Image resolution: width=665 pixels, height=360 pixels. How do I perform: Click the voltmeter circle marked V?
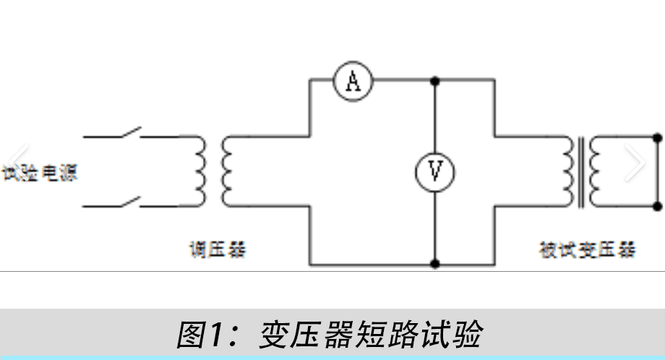[435, 171]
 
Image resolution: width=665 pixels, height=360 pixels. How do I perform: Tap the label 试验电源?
[40, 173]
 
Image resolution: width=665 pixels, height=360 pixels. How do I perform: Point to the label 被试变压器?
[588, 250]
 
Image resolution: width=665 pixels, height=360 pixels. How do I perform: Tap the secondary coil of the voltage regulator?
[226, 171]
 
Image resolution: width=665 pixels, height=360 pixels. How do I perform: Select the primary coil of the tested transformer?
[566, 171]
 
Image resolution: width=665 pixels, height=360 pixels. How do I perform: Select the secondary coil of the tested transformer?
[594, 171]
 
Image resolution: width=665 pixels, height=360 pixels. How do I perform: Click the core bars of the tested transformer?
[580, 171]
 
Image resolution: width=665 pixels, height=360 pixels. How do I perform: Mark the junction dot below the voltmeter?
[435, 264]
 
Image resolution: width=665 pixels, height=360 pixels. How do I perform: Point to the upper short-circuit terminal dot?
[658, 137]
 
